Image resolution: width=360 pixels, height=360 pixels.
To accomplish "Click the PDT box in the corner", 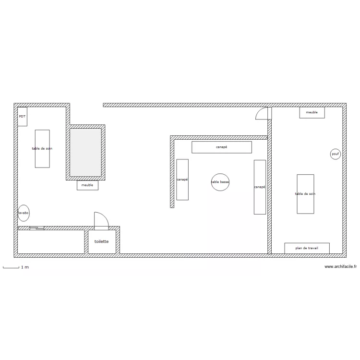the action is pos(22,117).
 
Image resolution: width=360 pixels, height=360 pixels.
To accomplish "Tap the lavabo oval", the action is pos(24,213).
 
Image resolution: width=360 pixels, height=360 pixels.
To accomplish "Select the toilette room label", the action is pos(101,241).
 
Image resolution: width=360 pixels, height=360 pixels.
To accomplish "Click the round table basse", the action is pos(220,182).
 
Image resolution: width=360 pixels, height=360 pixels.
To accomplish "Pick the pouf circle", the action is pos(335,154).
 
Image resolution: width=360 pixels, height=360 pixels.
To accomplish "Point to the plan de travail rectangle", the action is pos(307,248).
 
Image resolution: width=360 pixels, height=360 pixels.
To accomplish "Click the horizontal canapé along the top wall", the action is pos(222,147).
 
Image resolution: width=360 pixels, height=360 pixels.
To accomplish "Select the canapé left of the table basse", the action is pos(182,180).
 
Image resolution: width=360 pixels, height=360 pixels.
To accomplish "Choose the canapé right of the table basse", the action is pos(260,187).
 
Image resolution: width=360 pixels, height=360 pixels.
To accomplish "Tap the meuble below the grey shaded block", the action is pos(87,185).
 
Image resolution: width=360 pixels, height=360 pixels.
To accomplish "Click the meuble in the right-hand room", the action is pos(312,112).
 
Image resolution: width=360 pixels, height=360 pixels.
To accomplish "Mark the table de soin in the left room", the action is pos(42,149).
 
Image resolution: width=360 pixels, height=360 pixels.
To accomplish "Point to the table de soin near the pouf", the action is pos(305,194).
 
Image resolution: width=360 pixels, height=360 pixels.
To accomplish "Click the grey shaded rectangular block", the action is pos(85,153).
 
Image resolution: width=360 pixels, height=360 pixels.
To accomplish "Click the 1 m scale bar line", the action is pos(11,268).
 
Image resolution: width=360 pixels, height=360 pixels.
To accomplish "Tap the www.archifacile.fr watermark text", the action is pos(340,266).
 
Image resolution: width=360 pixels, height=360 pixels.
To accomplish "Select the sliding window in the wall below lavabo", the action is pos(37,228).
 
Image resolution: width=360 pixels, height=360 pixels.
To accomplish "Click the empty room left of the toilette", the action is pos(51,242).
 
